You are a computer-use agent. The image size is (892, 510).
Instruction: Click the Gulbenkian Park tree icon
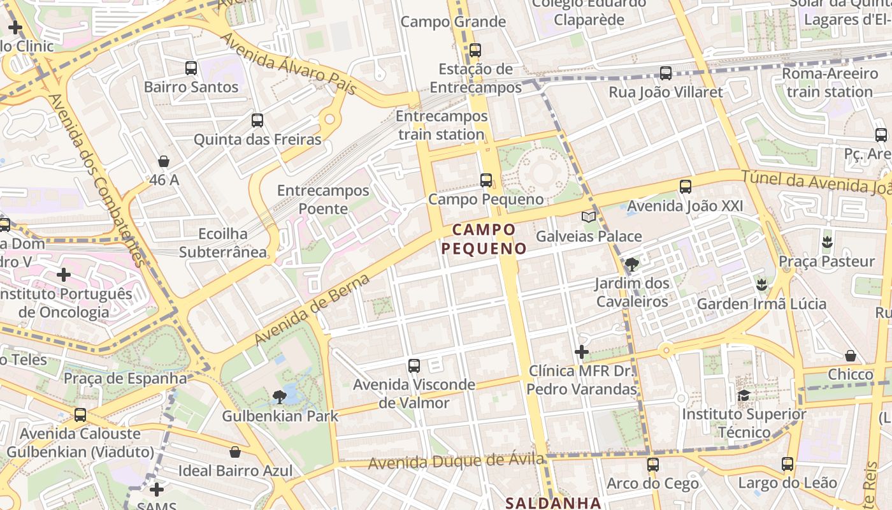(279, 397)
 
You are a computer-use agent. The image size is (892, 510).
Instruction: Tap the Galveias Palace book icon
(589, 217)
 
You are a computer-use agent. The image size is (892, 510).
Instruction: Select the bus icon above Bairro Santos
(191, 68)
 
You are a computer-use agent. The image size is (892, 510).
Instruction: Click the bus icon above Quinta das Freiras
(257, 120)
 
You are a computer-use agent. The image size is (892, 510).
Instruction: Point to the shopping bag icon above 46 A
(164, 161)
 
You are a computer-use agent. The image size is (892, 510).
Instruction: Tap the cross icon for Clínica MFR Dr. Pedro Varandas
(581, 351)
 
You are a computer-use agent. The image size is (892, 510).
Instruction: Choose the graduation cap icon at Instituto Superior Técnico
(744, 396)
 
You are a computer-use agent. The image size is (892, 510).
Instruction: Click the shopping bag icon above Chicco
(850, 355)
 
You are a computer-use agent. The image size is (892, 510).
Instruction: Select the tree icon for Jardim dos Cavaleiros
(631, 264)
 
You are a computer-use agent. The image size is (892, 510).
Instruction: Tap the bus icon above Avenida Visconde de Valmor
(414, 365)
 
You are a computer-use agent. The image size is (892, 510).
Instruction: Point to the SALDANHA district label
(553, 503)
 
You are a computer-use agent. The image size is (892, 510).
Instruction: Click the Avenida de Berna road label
(312, 310)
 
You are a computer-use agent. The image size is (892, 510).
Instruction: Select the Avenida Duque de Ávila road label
(456, 460)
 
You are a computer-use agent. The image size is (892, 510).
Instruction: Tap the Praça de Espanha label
(126, 378)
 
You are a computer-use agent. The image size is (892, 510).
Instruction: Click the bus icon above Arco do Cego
(652, 465)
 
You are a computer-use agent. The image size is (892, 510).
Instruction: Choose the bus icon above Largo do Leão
(788, 463)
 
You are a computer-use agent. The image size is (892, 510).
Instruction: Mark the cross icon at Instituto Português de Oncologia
(64, 275)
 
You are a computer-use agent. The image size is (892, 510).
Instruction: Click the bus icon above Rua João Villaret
(666, 73)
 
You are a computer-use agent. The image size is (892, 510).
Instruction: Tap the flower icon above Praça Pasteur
(827, 242)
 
